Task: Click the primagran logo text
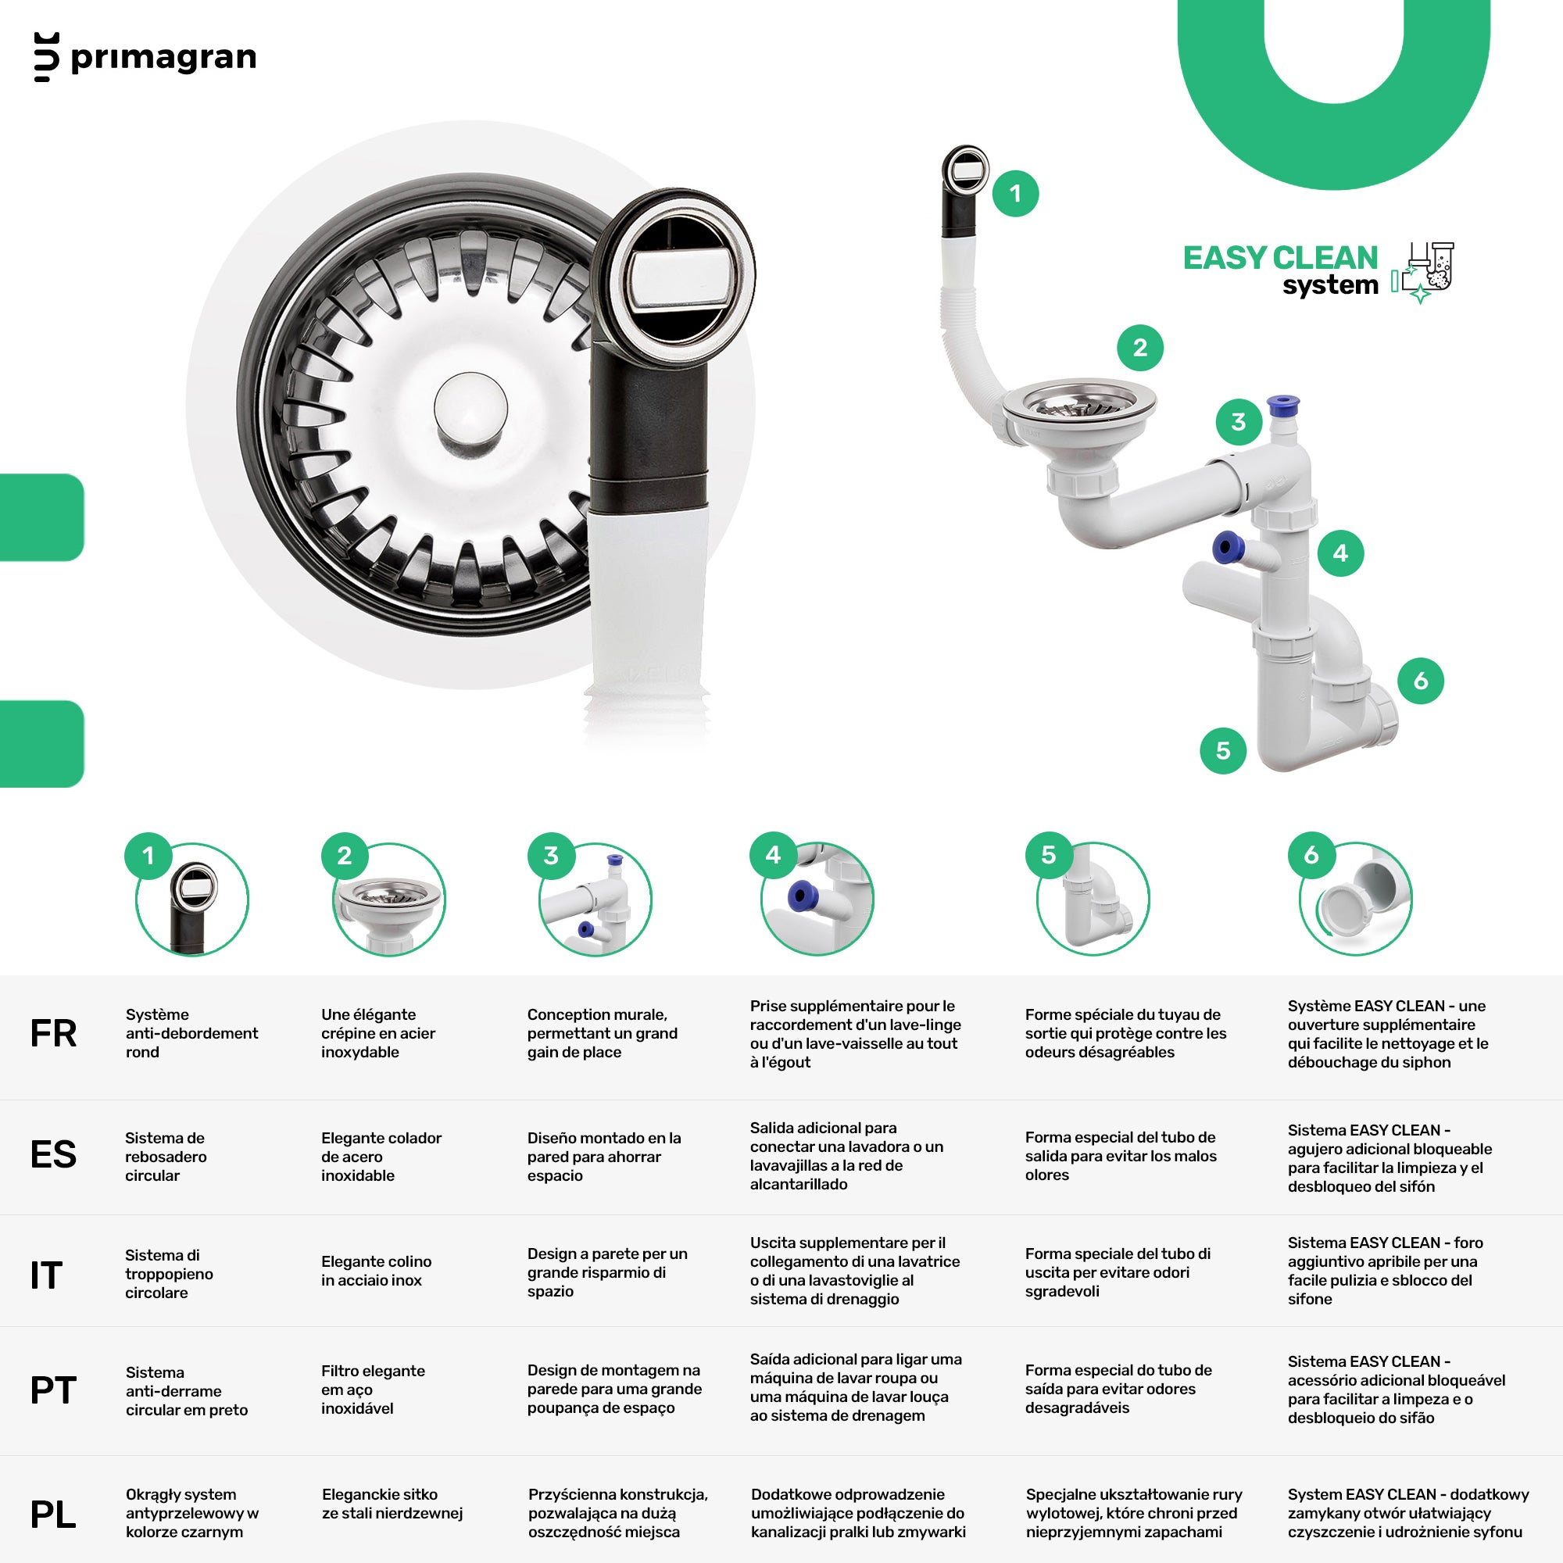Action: point(163,59)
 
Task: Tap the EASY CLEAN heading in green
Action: point(1280,258)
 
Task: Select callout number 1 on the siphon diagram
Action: point(1015,193)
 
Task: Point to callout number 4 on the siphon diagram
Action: point(1340,553)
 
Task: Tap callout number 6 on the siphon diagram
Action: point(1421,681)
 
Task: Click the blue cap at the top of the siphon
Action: point(1283,406)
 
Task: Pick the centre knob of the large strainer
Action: point(470,409)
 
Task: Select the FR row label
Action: point(53,1033)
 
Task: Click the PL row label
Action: point(53,1515)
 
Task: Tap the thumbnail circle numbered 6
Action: point(1356,900)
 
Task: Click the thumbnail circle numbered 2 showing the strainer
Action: point(389,900)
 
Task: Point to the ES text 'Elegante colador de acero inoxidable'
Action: point(381,1157)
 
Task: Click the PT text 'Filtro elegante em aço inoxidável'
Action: point(373,1390)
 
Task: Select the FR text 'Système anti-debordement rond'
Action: point(191,1033)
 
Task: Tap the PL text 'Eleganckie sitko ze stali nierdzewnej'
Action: point(392,1504)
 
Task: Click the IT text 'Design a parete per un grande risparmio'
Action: point(607,1272)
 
